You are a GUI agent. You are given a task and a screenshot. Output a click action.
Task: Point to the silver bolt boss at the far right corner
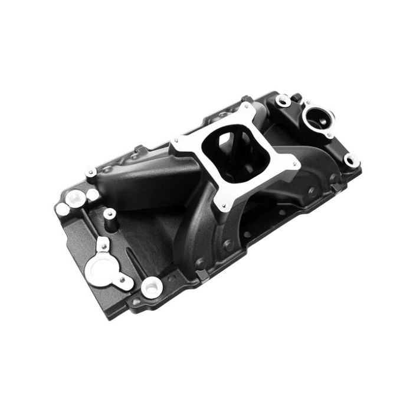352,160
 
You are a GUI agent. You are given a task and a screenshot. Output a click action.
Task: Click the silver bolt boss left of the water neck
284,101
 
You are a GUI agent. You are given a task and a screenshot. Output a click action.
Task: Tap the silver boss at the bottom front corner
152,287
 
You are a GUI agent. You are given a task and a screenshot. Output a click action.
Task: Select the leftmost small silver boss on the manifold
63,208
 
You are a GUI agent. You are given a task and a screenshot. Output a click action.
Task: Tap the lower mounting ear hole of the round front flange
126,283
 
